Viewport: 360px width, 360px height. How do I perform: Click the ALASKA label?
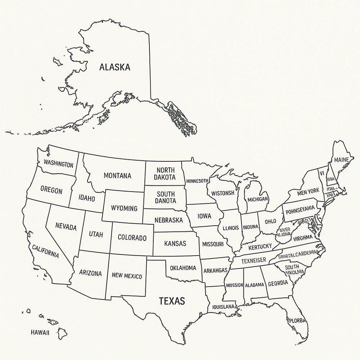point(114,67)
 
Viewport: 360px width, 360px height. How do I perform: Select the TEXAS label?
point(172,301)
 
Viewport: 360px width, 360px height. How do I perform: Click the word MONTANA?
point(117,176)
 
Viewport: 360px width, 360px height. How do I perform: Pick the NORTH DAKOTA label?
point(165,174)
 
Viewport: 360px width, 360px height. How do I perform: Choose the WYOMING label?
point(124,208)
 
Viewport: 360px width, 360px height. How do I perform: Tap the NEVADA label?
point(66,227)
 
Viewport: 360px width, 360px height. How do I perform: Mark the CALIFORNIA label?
point(45,251)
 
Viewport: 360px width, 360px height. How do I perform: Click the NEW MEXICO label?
point(127,276)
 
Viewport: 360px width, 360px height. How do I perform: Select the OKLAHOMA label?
point(183,268)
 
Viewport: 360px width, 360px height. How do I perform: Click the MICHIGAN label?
point(257,199)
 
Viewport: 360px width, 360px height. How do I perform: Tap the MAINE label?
point(341,160)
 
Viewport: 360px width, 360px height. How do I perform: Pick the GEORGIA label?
point(278,283)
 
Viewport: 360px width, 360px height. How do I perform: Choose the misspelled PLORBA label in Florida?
point(297,320)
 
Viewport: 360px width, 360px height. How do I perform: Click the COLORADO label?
point(132,238)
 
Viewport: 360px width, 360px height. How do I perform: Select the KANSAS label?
point(175,243)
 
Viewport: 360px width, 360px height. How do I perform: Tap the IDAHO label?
point(87,198)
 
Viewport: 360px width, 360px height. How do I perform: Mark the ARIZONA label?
point(90,273)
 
